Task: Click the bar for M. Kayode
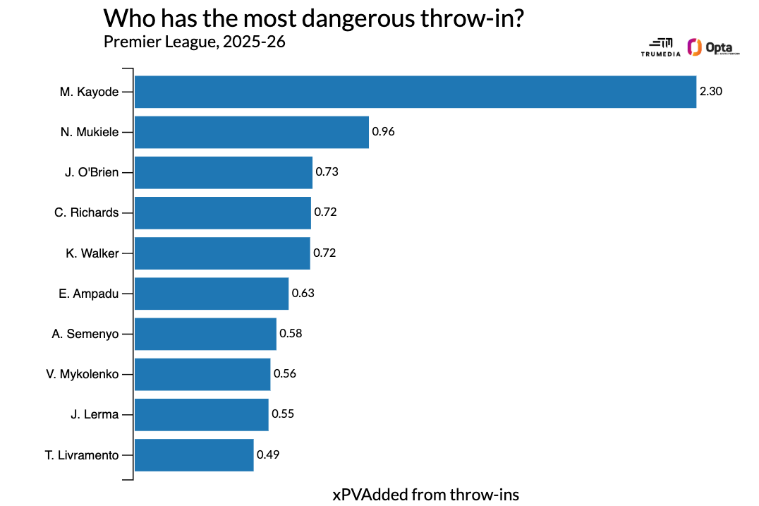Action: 415,92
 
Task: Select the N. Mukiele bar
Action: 251,132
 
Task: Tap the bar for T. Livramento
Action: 194,455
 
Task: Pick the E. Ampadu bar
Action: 211,294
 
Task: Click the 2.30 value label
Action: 711,92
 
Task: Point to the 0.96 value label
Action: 383,132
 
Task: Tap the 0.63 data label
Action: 303,294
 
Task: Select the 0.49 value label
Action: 268,455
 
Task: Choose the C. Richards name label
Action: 87,212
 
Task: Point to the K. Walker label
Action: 92,253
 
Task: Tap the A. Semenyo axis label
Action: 85,334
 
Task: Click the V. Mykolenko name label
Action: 83,374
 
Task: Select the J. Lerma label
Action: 95,414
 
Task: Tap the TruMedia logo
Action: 657,47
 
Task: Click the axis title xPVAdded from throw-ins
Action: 425,494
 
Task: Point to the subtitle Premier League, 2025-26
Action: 194,42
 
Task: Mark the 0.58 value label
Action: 291,334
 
